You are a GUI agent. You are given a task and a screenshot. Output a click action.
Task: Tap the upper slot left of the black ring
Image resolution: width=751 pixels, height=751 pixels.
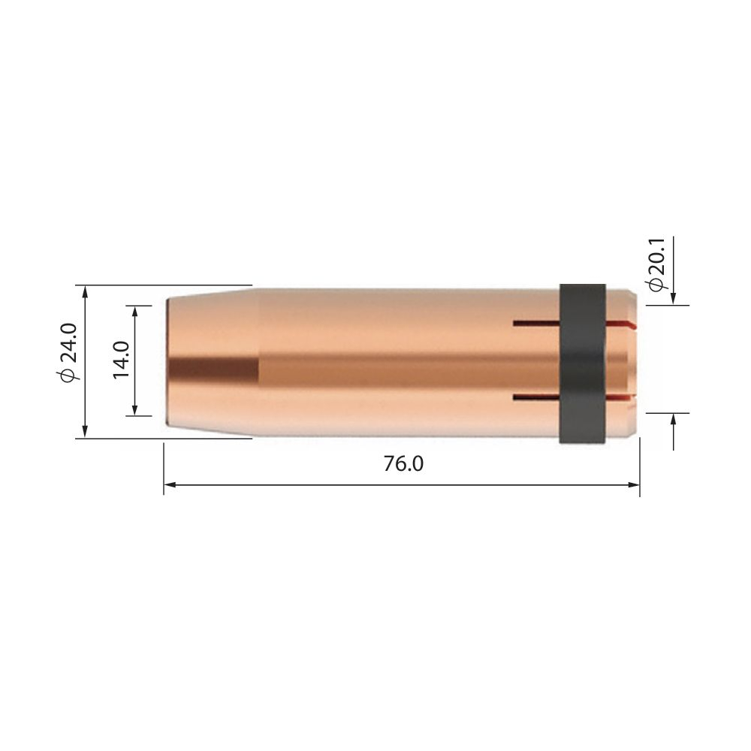pos(536,324)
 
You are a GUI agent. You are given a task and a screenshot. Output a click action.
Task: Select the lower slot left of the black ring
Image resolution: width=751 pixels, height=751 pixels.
pos(536,397)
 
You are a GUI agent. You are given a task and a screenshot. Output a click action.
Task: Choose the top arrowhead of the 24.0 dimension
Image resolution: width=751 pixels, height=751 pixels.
pos(86,291)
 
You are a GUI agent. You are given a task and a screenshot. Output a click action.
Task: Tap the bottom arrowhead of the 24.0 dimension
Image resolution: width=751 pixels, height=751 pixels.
pos(86,432)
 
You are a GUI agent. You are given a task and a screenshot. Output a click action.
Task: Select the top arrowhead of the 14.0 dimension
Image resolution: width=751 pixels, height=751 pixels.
pos(134,311)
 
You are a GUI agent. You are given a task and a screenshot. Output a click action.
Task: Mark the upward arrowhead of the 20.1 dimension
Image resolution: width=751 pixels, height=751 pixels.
pos(674,418)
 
